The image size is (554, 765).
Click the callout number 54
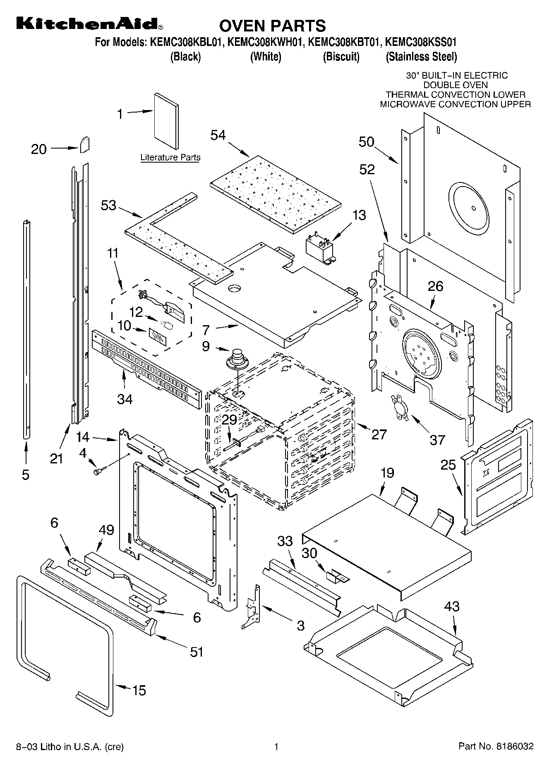click(218, 135)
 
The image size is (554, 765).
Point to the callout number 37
click(437, 440)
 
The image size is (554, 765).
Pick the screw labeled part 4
click(100, 470)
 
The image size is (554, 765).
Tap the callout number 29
click(229, 420)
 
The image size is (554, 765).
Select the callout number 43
click(451, 607)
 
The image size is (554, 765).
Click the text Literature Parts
click(170, 158)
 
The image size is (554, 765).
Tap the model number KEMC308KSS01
click(421, 42)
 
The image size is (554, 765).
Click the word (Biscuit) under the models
click(341, 57)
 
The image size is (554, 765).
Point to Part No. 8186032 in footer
click(496, 746)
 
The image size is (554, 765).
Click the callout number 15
click(139, 690)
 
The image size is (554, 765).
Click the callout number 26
click(435, 286)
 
